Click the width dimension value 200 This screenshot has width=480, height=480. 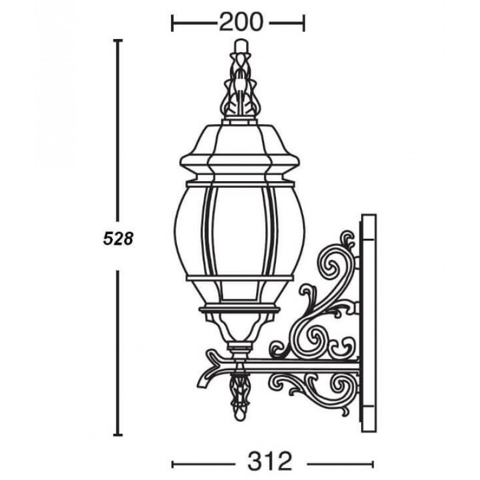tap(241, 22)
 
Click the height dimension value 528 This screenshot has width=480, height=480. tap(118, 238)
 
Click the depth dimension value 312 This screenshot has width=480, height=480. tap(270, 461)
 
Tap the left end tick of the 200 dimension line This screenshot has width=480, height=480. tap(172, 23)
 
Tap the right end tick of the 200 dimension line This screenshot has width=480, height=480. tap(304, 23)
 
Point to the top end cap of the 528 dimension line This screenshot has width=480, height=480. tap(118, 40)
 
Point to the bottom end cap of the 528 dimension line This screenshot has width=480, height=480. tap(118, 434)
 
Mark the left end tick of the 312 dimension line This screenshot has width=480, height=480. tap(172, 464)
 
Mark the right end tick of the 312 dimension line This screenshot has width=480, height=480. tap(372, 464)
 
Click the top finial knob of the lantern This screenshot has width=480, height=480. tap(241, 46)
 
